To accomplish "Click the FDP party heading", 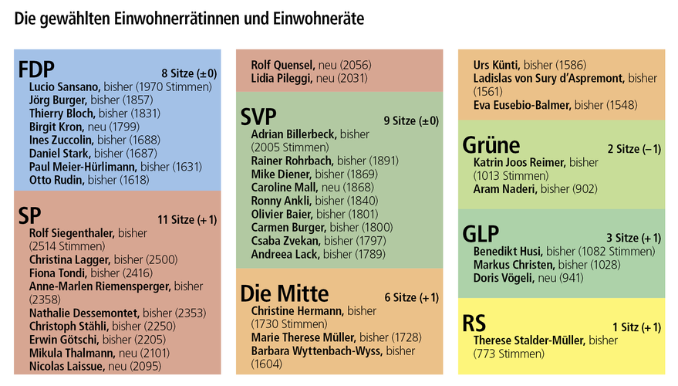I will click(x=37, y=70).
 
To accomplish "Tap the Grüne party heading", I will click(x=491, y=145).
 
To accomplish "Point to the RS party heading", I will click(x=474, y=323).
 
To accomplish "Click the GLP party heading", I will click(x=481, y=234).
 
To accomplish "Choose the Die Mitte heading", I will click(x=285, y=293).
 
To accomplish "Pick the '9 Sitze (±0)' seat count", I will click(x=411, y=120).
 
